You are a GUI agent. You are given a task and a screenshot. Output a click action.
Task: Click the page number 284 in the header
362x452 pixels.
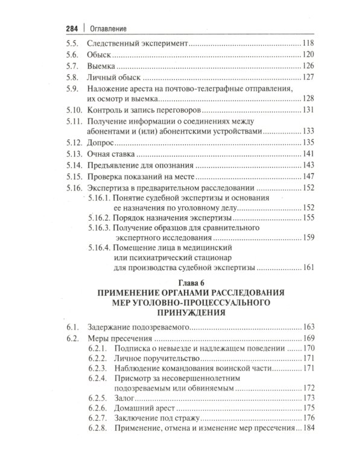pos(72,27)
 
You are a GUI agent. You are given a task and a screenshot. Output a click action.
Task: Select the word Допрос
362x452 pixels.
pos(101,143)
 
